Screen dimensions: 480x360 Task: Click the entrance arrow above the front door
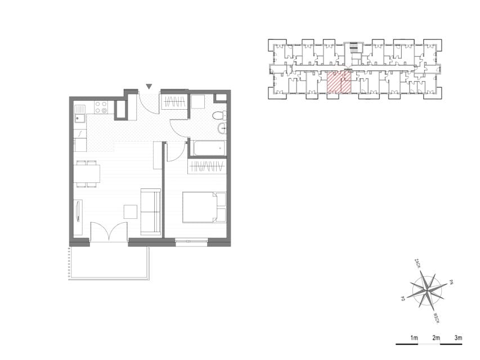pos(149,87)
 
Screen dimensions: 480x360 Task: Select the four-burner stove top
pos(101,107)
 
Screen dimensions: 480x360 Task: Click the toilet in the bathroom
pos(219,115)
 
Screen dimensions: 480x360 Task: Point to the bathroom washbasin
pos(222,128)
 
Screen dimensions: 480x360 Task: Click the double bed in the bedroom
pos(204,207)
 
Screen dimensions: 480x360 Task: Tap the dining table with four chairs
pos(87,174)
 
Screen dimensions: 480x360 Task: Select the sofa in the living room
pos(151,212)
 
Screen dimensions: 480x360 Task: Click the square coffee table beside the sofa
pos(131,211)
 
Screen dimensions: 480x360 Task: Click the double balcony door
pos(109,232)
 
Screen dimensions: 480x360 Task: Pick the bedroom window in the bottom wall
pos(192,241)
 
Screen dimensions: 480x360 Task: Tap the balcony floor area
pos(109,261)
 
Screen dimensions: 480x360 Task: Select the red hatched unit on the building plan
pos(339,82)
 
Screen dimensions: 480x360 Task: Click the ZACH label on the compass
pos(416,263)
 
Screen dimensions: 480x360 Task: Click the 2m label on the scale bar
pos(436,338)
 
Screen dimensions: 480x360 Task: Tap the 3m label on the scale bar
pos(458,338)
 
